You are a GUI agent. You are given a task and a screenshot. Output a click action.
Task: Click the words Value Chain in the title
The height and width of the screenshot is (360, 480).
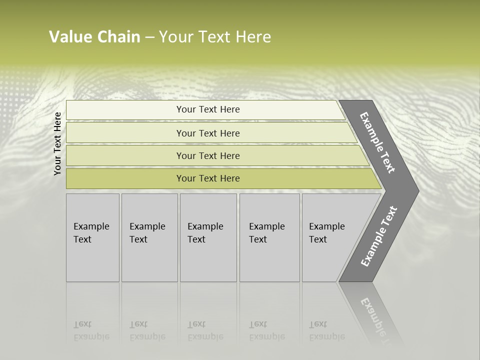coord(94,37)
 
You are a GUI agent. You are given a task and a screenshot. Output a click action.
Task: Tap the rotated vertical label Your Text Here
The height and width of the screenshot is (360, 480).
coord(57,143)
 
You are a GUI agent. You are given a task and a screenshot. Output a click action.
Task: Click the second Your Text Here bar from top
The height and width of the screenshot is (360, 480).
coord(208,133)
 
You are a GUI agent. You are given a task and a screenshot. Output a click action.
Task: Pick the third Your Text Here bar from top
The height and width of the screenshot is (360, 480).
coord(208,155)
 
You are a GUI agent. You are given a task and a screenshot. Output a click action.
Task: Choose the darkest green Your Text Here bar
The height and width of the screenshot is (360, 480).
coord(208,178)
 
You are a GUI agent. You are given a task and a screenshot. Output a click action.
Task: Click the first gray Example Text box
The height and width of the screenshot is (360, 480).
coord(92,237)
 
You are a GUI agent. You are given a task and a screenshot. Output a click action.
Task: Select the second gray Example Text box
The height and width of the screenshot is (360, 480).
coord(149,237)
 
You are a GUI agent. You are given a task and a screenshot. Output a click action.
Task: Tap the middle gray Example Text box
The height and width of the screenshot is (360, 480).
coord(208,237)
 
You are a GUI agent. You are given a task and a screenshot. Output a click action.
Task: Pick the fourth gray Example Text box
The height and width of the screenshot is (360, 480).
coord(269,237)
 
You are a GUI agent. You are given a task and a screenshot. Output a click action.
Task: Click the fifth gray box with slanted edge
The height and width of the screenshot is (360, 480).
coord(330,237)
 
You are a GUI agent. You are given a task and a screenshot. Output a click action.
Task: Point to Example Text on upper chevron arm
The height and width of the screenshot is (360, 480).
coord(377,142)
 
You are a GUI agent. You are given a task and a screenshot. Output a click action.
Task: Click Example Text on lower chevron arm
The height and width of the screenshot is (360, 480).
coord(378,236)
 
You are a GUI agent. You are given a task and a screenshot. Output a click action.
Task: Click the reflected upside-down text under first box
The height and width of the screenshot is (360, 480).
coord(91,330)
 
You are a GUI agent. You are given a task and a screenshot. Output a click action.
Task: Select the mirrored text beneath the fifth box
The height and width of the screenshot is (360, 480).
coord(326,330)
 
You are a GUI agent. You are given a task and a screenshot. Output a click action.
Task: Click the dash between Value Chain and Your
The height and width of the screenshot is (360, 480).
coord(149,37)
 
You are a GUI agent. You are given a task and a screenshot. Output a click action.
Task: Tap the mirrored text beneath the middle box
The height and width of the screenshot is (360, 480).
coord(205,330)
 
